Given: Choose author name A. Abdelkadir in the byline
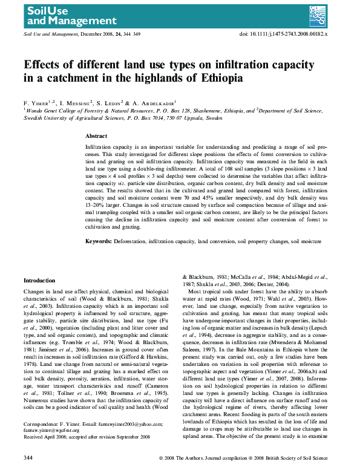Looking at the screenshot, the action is point(152,103).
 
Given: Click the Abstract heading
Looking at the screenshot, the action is point(96,137).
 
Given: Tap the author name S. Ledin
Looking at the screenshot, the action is point(114,103).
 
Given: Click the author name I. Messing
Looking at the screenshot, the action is point(76,103).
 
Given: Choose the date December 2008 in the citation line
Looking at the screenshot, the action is point(97,35).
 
